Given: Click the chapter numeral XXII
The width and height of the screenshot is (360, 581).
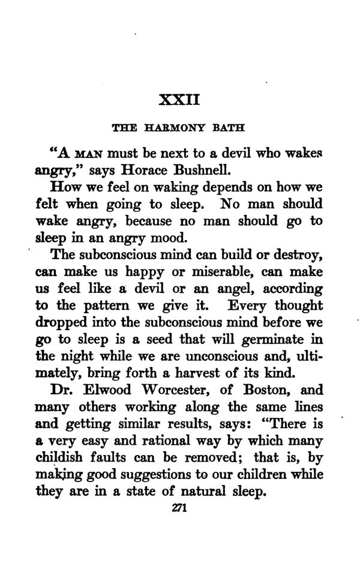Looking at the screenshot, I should pos(179,97).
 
